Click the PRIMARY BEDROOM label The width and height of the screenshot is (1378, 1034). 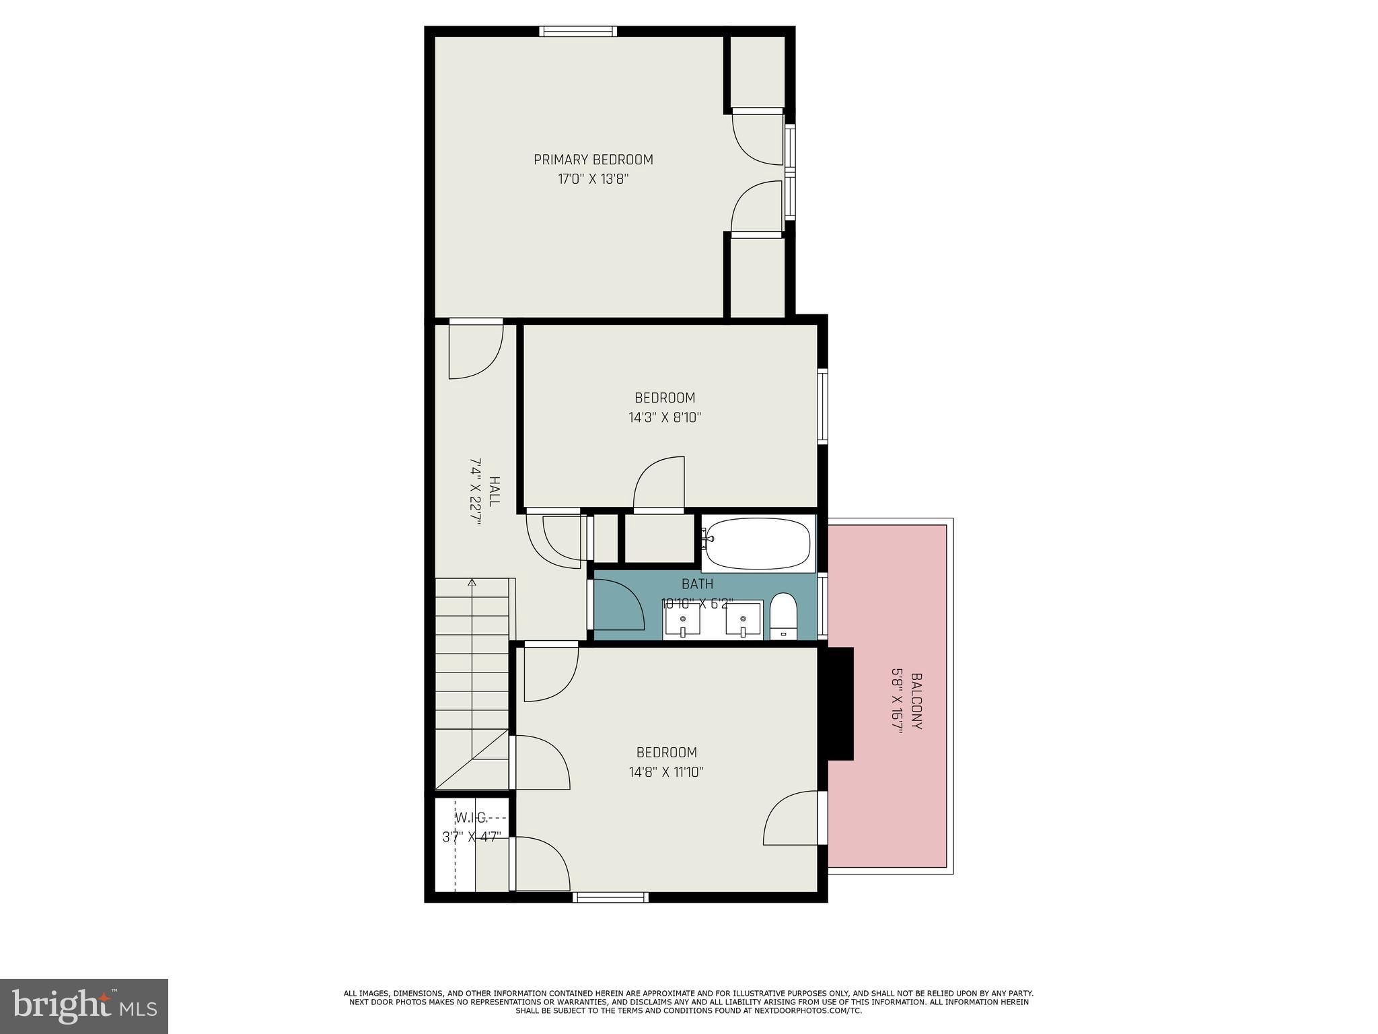tap(593, 160)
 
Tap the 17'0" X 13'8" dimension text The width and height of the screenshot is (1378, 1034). tap(593, 180)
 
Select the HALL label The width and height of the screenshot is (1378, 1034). tap(495, 491)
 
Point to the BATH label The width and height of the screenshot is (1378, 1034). tap(697, 584)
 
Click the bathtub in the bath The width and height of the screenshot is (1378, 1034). tap(758, 543)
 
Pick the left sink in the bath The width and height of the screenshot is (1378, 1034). tap(682, 620)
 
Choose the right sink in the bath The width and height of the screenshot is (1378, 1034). tap(743, 620)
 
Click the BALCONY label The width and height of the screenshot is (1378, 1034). tap(916, 701)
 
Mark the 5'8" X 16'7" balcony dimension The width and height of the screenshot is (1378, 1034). tap(897, 701)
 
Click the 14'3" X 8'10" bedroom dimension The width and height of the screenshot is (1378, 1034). tap(665, 417)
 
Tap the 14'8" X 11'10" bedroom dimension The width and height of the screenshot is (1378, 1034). tap(666, 771)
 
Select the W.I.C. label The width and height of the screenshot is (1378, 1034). tap(471, 818)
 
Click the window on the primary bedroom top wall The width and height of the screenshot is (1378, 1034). tap(577, 31)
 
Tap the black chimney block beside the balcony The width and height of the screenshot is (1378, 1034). tap(840, 703)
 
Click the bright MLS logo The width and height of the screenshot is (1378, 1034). tap(84, 1006)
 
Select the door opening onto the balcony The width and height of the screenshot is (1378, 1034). tap(822, 817)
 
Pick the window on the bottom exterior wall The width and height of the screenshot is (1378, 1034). tap(610, 897)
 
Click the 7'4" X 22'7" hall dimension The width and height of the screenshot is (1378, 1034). tap(476, 491)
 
